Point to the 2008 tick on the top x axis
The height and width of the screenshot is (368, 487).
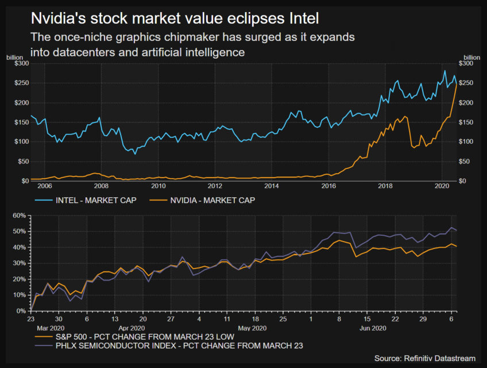pyautogui.click(x=101, y=186)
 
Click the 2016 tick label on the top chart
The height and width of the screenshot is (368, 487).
pyautogui.click(x=328, y=186)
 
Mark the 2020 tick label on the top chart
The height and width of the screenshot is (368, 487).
pyautogui.click(x=442, y=186)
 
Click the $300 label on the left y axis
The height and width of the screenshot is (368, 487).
pyautogui.click(x=21, y=64)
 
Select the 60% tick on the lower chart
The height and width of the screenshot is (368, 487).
pyautogui.click(x=19, y=216)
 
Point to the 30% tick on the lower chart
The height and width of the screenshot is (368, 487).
pyautogui.click(x=19, y=263)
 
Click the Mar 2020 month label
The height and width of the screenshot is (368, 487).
pyautogui.click(x=47, y=326)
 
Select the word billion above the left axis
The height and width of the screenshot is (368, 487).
pyautogui.click(x=15, y=57)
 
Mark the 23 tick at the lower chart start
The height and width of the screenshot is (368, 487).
pyautogui.click(x=30, y=318)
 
